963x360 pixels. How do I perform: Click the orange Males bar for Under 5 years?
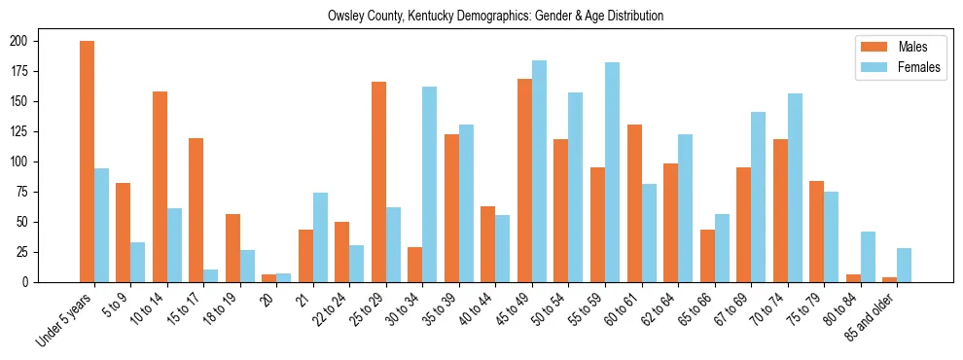[x=87, y=162]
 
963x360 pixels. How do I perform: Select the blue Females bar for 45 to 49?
[x=539, y=171]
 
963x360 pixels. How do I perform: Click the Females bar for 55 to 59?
[x=612, y=172]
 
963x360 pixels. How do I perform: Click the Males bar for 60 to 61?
[x=634, y=203]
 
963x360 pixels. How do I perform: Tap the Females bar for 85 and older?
[x=904, y=265]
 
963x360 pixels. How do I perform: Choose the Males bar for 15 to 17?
[x=196, y=210]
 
